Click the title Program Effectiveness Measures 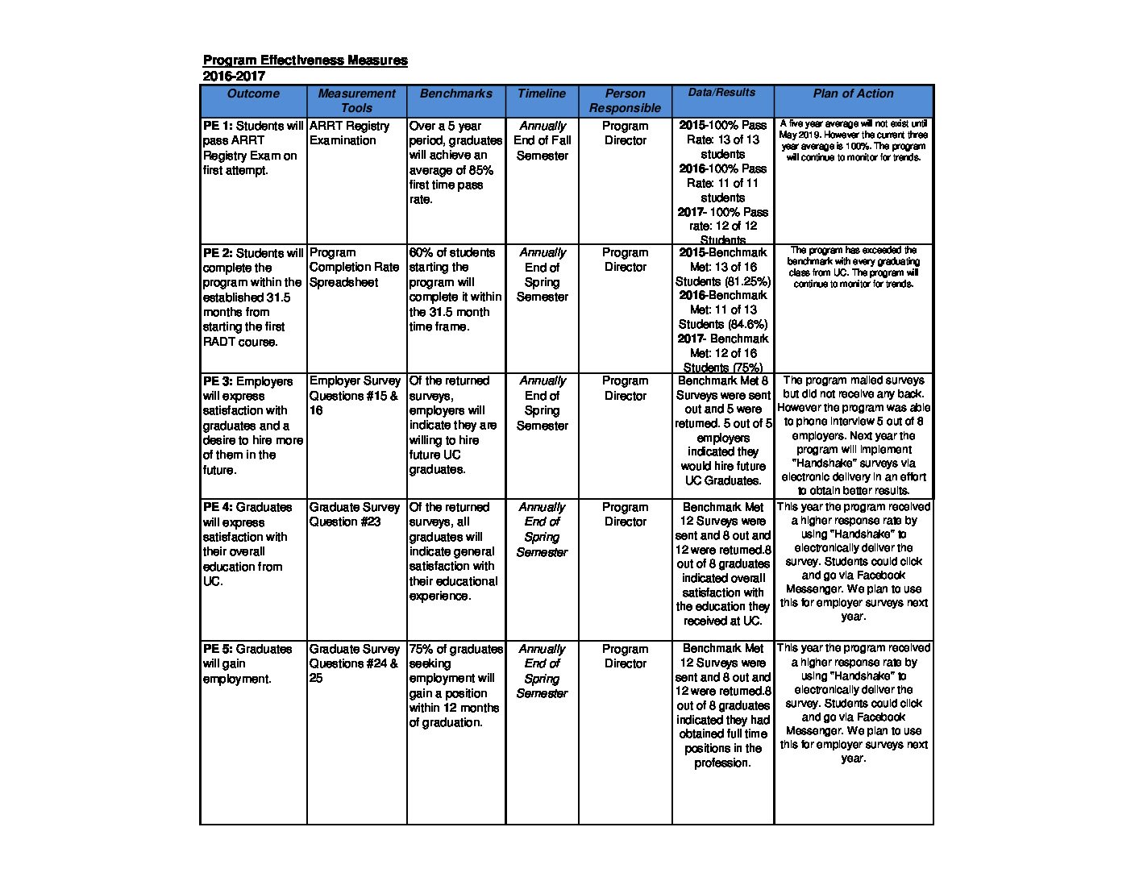click(x=305, y=60)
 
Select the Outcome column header click(x=253, y=94)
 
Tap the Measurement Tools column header click(x=356, y=101)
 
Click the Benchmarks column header click(x=455, y=94)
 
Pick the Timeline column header click(x=542, y=94)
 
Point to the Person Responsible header click(x=625, y=101)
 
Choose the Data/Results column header click(x=722, y=93)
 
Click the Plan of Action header click(x=853, y=94)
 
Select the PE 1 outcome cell click(x=253, y=148)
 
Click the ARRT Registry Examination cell click(x=349, y=133)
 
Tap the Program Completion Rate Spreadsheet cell click(x=354, y=268)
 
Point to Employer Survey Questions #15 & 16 click(x=355, y=395)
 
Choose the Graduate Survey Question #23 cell click(x=355, y=514)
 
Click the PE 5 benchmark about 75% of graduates click(x=455, y=685)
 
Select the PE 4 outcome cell click(x=253, y=544)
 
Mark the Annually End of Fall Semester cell click(x=542, y=140)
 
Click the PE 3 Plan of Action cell click(x=853, y=434)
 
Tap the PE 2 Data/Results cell click(x=722, y=310)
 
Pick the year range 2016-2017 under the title click(x=234, y=77)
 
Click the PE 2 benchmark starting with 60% click(x=455, y=289)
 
